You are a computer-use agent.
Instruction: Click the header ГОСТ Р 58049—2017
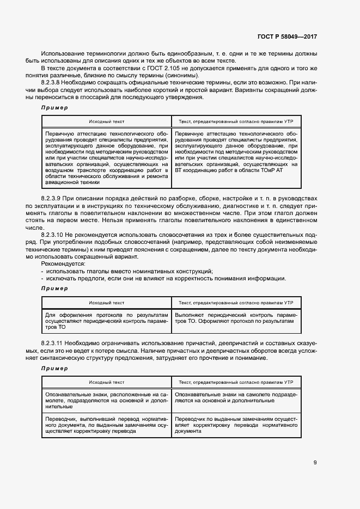pos(287,36)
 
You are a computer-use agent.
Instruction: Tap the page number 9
pos(315,463)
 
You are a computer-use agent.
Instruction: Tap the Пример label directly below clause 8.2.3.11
pos(54,369)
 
